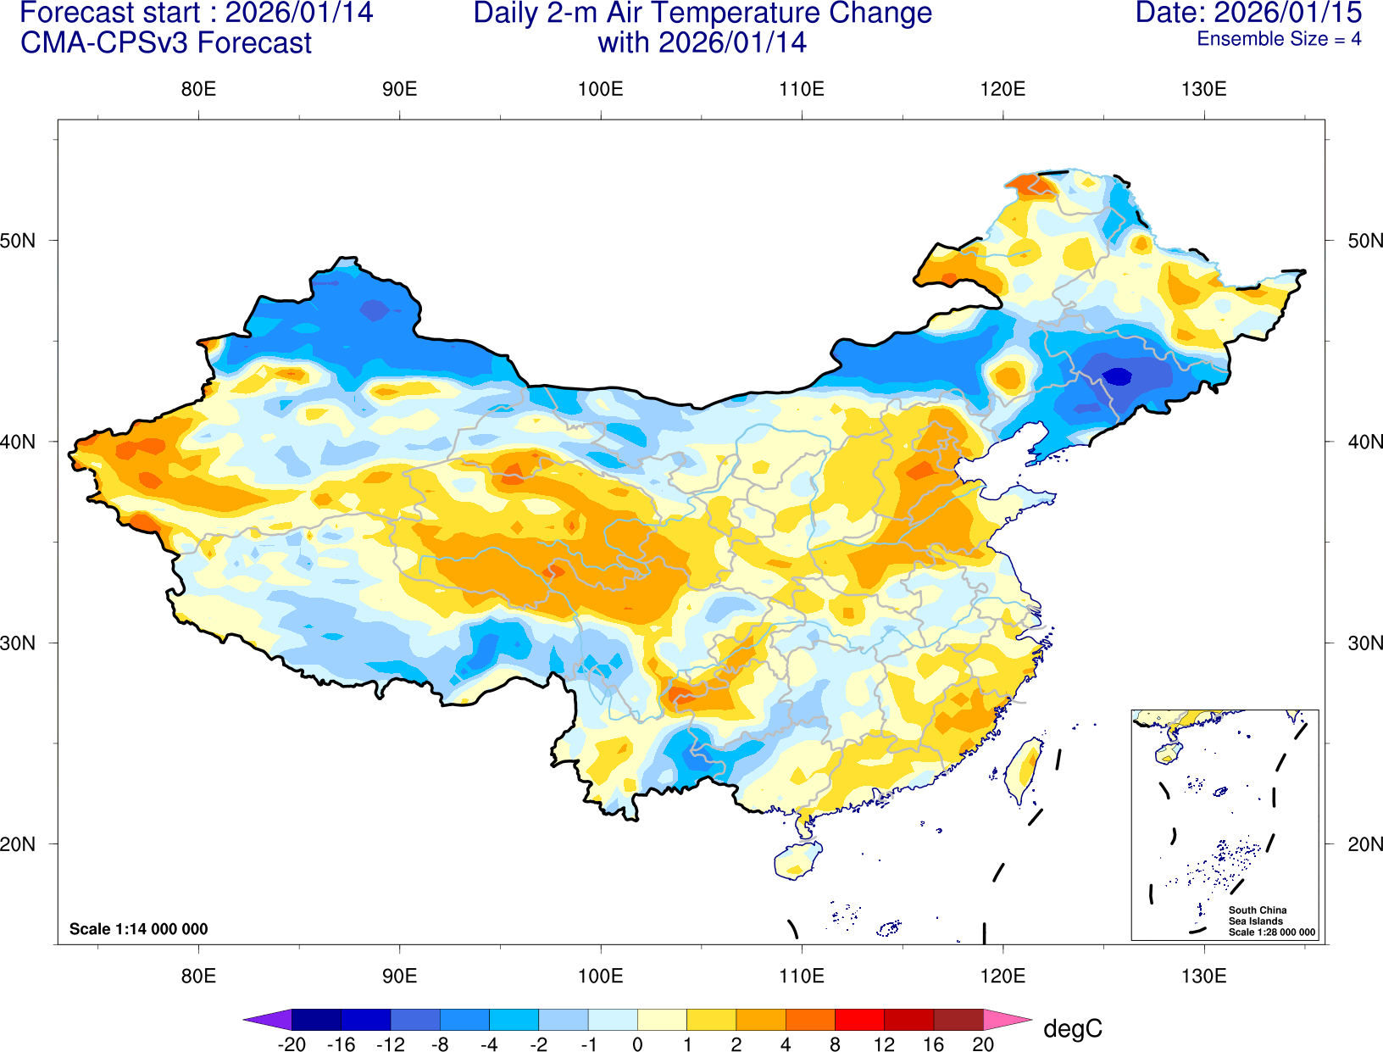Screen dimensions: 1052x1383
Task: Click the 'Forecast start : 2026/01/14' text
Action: coord(196,13)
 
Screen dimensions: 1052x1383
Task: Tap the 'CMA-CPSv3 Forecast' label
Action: coord(166,43)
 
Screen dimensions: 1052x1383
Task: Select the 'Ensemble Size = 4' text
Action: coord(1279,39)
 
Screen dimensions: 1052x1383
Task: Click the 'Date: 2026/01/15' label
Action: coord(1248,13)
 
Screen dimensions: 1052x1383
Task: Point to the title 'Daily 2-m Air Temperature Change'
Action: coord(703,13)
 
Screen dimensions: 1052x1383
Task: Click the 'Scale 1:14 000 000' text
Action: coord(138,929)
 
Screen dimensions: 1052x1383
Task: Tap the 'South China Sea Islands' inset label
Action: coord(1257,916)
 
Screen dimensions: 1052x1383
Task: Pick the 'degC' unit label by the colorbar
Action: coord(1073,1029)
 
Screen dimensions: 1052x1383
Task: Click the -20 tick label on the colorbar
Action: coord(292,1044)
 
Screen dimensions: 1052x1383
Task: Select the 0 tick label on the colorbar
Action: coord(637,1044)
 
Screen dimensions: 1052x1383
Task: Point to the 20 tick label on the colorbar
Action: coord(983,1044)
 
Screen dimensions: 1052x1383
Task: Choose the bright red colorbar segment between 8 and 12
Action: coord(859,1020)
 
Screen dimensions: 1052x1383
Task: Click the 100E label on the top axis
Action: coord(600,90)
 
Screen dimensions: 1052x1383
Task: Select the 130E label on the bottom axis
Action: coord(1203,976)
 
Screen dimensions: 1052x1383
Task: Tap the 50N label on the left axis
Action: coord(19,241)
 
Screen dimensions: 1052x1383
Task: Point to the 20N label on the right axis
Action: coord(1365,844)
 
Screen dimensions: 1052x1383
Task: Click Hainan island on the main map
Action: coord(797,860)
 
